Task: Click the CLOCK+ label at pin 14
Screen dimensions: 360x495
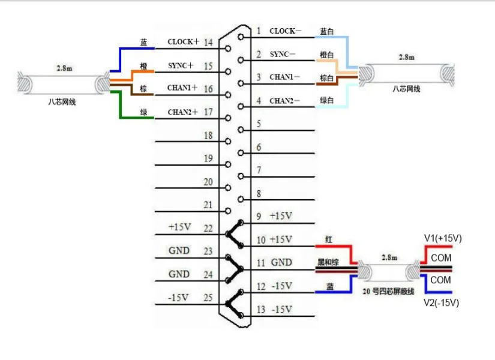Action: pyautogui.click(x=183, y=42)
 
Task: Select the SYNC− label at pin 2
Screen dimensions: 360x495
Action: pyautogui.click(x=283, y=54)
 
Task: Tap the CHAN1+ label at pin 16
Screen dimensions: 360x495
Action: pyautogui.click(x=182, y=88)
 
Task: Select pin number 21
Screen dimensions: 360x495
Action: pyautogui.click(x=208, y=205)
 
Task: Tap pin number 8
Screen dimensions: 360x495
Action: pyautogui.click(x=259, y=194)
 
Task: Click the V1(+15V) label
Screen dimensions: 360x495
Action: pyautogui.click(x=443, y=238)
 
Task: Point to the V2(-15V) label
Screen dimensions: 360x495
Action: pyautogui.click(x=442, y=302)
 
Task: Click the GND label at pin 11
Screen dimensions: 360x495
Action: pyautogui.click(x=281, y=263)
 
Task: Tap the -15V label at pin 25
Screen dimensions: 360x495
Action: pyautogui.click(x=179, y=297)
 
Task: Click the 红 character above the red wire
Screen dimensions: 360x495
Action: pyautogui.click(x=328, y=239)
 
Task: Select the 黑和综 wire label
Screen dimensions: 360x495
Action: pyautogui.click(x=328, y=262)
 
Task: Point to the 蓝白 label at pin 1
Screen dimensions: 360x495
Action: pyautogui.click(x=327, y=31)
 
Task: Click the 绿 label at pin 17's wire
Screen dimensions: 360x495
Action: pyautogui.click(x=143, y=111)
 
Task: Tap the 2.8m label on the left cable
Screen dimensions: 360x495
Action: pyautogui.click(x=64, y=68)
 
